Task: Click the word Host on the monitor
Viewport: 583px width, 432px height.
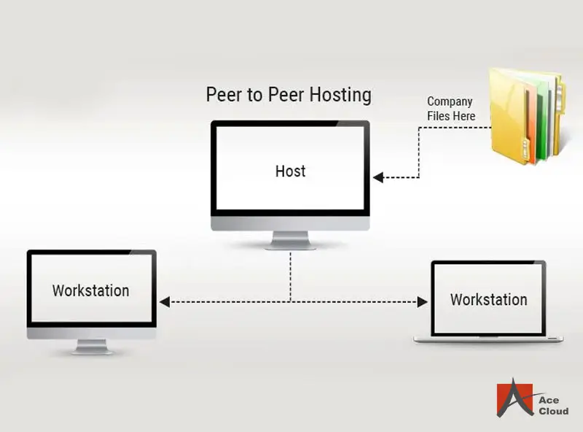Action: [290, 171]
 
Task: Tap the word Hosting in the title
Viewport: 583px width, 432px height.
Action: [339, 95]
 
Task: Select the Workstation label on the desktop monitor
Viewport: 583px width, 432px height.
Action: [90, 290]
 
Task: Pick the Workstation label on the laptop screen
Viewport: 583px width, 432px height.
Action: [488, 300]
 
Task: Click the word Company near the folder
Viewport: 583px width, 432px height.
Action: [450, 101]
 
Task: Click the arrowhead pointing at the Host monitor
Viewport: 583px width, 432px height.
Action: [377, 177]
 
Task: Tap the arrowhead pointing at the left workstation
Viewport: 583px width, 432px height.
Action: [165, 301]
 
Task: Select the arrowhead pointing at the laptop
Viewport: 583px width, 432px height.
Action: [421, 301]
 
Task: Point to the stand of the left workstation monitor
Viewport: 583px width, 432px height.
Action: [91, 346]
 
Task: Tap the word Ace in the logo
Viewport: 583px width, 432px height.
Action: [549, 400]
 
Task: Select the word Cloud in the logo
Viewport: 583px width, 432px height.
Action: [553, 412]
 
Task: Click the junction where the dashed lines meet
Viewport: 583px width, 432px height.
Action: [291, 301]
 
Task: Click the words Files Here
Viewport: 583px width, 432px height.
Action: [451, 116]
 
